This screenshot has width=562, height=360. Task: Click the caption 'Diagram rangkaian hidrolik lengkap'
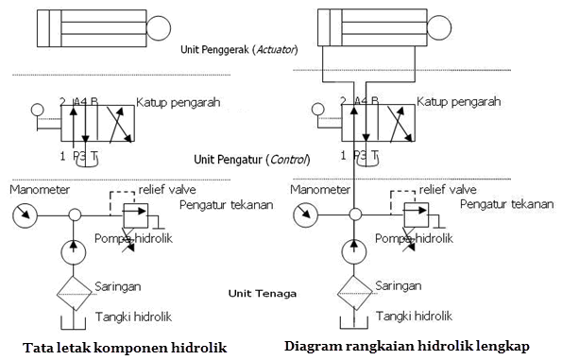pos(407,345)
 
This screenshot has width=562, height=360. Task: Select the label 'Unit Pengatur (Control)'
pos(251,160)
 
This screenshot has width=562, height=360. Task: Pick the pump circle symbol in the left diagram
pos(73,252)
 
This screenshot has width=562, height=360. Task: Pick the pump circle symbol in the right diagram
pos(354,252)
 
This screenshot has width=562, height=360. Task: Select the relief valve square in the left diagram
pos(136,214)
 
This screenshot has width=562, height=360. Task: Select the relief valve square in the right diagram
pos(417,214)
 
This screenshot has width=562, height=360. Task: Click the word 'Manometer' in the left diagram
pos(39,189)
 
